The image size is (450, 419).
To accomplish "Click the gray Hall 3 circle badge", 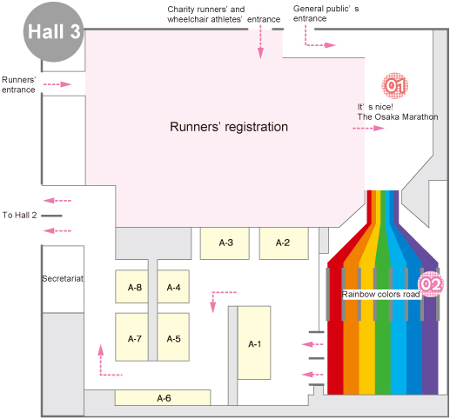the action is click(53, 31).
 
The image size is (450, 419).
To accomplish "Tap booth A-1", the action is click(254, 343).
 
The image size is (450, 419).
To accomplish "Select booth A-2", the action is click(284, 243).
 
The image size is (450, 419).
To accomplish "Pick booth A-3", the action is click(225, 243).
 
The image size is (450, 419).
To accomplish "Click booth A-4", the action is click(173, 287).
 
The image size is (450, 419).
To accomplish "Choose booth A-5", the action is click(173, 337).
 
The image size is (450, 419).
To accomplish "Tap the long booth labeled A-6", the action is click(163, 398).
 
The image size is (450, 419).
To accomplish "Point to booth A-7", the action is click(131, 337).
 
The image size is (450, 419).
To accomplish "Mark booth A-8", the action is click(131, 287).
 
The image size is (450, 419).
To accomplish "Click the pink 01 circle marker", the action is click(394, 85).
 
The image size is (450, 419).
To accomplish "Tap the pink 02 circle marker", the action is click(431, 284).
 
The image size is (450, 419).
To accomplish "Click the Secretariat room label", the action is click(63, 279).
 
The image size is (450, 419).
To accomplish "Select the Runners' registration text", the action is click(229, 127).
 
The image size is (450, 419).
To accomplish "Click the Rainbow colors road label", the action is click(381, 295).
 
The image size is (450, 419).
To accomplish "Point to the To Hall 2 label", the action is click(20, 215).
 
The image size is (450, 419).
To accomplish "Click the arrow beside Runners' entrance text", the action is click(57, 84).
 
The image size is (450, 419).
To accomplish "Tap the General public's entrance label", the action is click(326, 14).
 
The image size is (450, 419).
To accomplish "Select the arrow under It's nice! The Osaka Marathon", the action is click(368, 128).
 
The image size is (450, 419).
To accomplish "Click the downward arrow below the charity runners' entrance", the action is click(260, 42).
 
